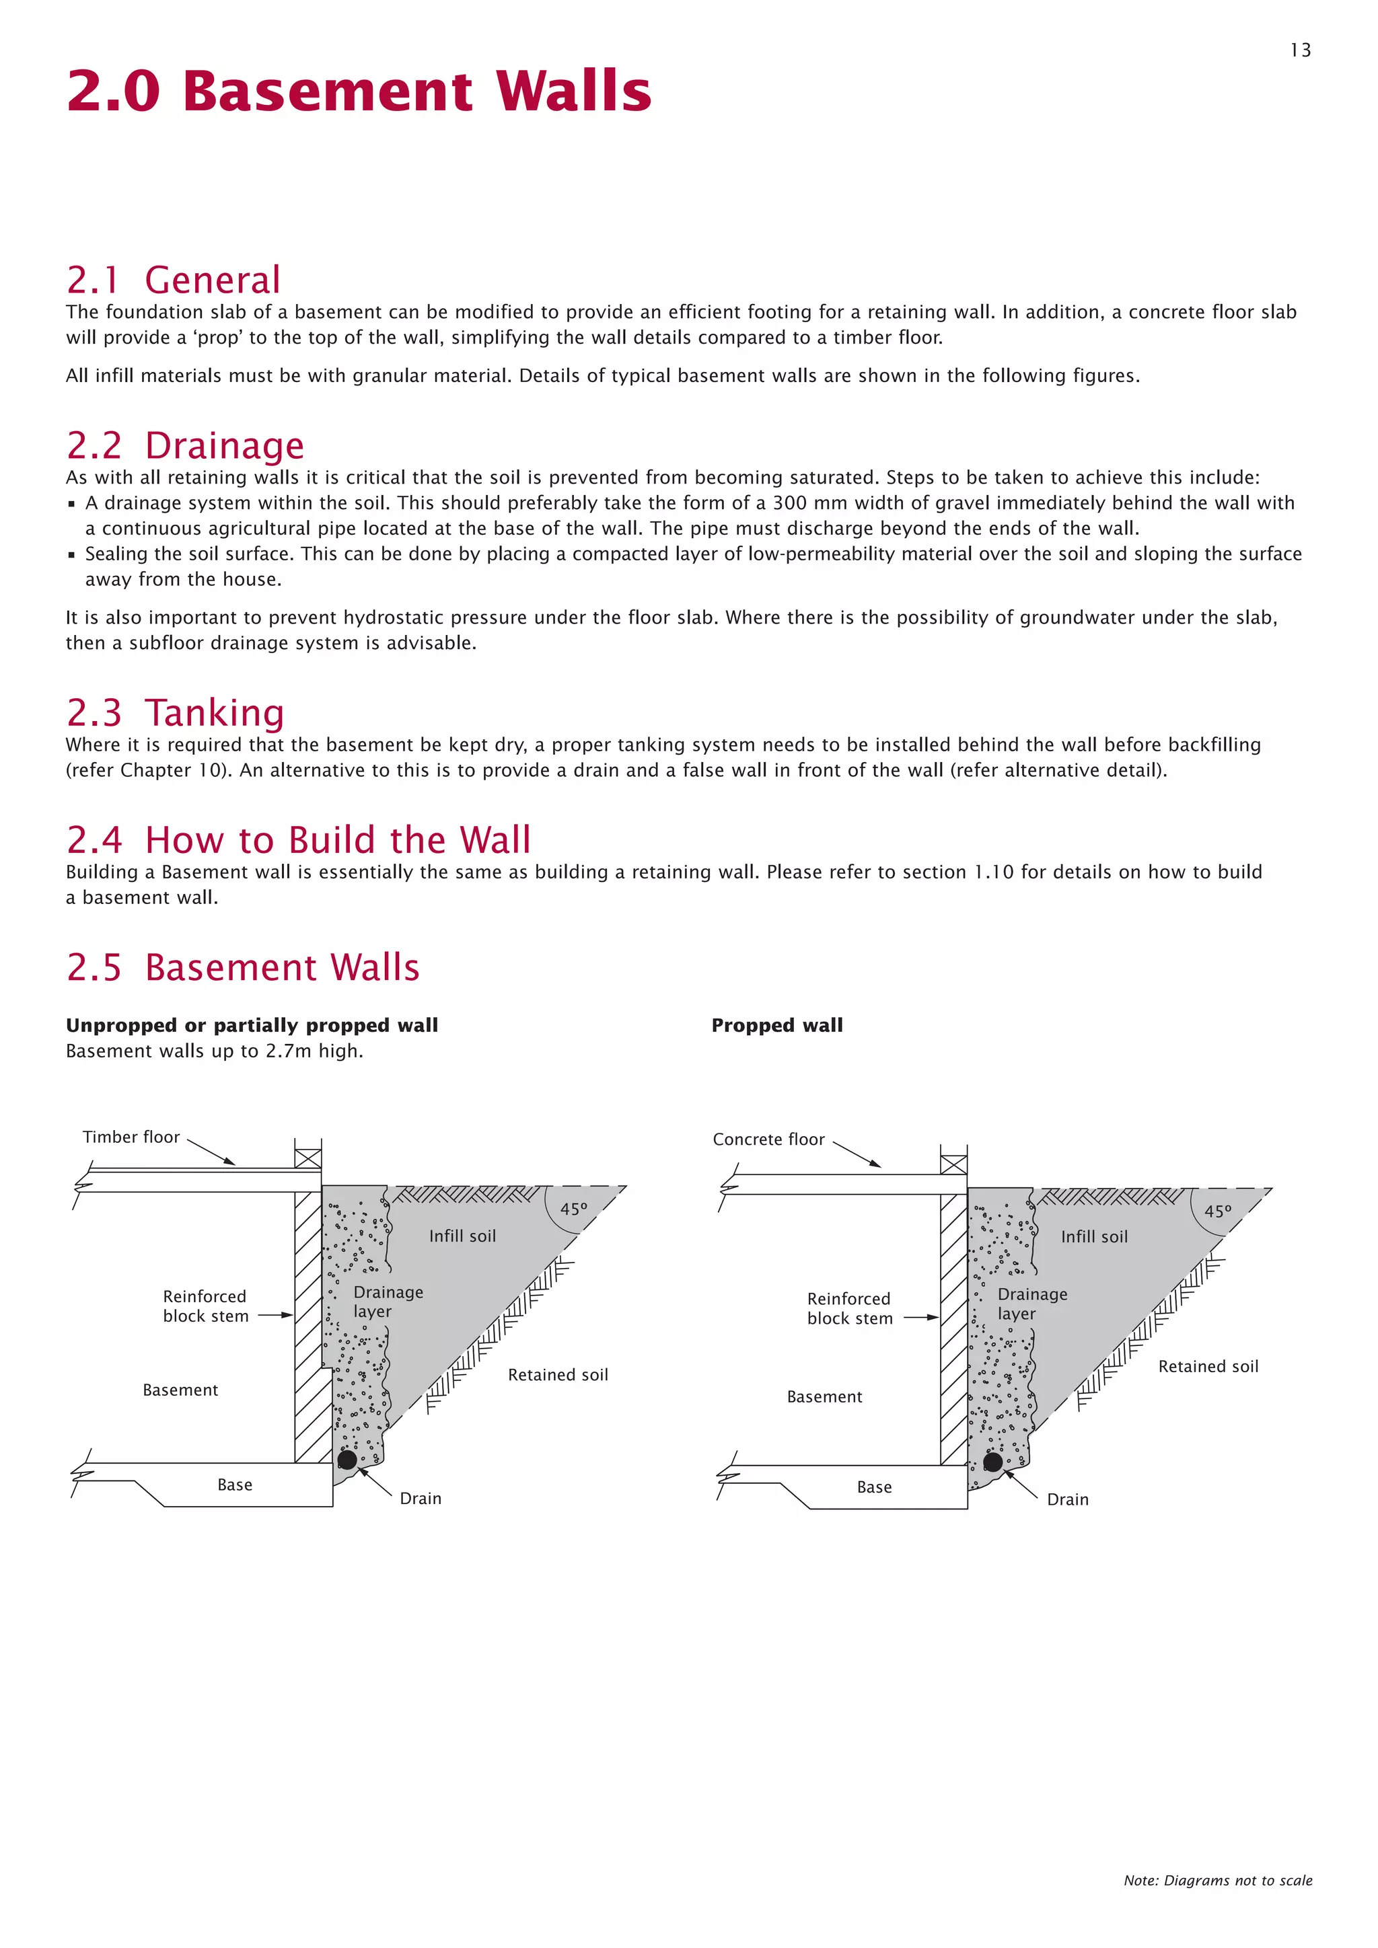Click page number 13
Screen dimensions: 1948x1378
point(1300,50)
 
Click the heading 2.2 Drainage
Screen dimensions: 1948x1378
point(185,445)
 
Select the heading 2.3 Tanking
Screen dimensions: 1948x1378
point(175,713)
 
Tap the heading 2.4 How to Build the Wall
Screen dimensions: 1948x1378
point(298,840)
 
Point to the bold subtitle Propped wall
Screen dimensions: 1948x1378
point(776,1025)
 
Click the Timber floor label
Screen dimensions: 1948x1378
point(131,1137)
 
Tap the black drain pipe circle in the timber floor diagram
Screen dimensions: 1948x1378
point(347,1459)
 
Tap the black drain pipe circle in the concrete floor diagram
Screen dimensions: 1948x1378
point(992,1462)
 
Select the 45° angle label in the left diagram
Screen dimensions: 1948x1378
point(573,1209)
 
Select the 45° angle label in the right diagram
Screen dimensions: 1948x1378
point(1218,1211)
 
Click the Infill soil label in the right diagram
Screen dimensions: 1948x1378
point(1094,1237)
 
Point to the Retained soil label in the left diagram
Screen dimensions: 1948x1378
point(558,1374)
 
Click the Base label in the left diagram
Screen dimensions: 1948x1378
point(234,1485)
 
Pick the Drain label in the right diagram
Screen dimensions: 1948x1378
point(1067,1499)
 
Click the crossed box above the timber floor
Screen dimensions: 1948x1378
point(308,1158)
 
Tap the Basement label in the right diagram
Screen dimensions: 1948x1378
point(824,1396)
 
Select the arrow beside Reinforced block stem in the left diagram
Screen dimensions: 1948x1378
point(275,1316)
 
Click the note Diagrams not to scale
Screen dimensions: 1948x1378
point(1218,1880)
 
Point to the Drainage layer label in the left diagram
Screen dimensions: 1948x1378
point(388,1302)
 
